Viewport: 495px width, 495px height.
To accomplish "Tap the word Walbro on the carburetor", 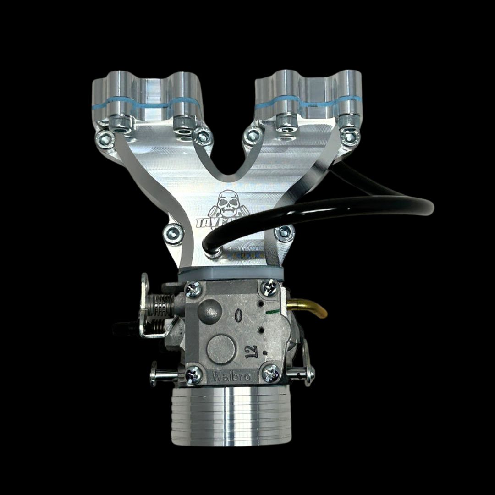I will (x=232, y=377).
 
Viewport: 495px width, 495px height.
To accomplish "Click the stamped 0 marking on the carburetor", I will (x=237, y=316).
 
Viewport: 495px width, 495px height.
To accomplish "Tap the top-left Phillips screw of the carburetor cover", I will (x=193, y=288).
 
